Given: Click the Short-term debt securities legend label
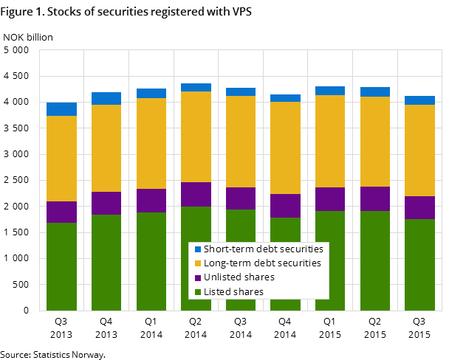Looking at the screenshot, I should pyautogui.click(x=263, y=249).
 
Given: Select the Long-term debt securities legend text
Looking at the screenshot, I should pyautogui.click(x=262, y=263).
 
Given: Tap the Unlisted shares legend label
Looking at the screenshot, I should pyautogui.click(x=239, y=277).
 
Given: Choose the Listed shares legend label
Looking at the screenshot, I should pyautogui.click(x=233, y=292).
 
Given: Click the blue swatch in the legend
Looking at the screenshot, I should pyautogui.click(x=197, y=249).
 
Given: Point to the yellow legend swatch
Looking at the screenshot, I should pyautogui.click(x=197, y=263).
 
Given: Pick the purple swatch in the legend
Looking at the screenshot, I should pyautogui.click(x=197, y=277).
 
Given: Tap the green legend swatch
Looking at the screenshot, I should pyautogui.click(x=197, y=292).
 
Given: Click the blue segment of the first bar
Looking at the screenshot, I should pyautogui.click(x=61, y=109).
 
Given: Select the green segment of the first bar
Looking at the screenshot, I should pyautogui.click(x=61, y=266).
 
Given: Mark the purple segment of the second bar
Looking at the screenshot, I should pyautogui.click(x=106, y=203).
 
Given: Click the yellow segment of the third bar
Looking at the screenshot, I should pyautogui.click(x=151, y=143).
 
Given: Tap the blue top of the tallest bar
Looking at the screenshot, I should pyautogui.click(x=196, y=87).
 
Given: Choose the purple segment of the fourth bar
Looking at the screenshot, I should pyautogui.click(x=196, y=194).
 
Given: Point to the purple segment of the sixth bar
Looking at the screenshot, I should pyautogui.click(x=285, y=206).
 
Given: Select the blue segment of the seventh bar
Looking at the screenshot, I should pyautogui.click(x=330, y=91).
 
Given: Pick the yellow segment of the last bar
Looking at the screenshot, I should pyautogui.click(x=419, y=150).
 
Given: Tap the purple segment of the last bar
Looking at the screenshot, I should pyautogui.click(x=419, y=207).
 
